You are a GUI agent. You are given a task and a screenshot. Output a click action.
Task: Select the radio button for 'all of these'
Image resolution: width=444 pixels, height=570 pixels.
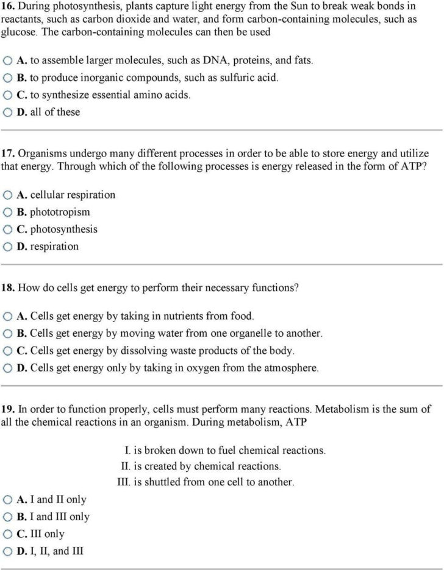click(7, 113)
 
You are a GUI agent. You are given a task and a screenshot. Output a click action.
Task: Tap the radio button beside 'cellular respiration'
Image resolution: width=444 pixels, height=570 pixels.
click(7, 195)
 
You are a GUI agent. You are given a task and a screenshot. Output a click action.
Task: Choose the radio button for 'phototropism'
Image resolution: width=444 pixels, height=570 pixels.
click(7, 213)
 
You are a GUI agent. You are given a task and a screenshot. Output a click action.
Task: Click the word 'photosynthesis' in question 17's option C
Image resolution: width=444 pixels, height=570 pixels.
click(64, 230)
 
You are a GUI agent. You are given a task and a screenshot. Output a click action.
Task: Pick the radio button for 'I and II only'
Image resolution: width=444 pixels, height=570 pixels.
click(7, 500)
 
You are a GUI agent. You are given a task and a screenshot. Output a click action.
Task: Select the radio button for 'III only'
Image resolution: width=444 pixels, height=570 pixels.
click(7, 534)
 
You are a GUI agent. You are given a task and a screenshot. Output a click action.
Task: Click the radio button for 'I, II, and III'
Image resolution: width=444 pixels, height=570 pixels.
click(7, 552)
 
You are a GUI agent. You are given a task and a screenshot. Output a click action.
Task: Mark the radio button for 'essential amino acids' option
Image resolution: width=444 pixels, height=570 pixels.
click(7, 96)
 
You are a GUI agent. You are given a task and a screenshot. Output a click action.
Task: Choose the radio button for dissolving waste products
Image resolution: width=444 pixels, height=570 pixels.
click(7, 351)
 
